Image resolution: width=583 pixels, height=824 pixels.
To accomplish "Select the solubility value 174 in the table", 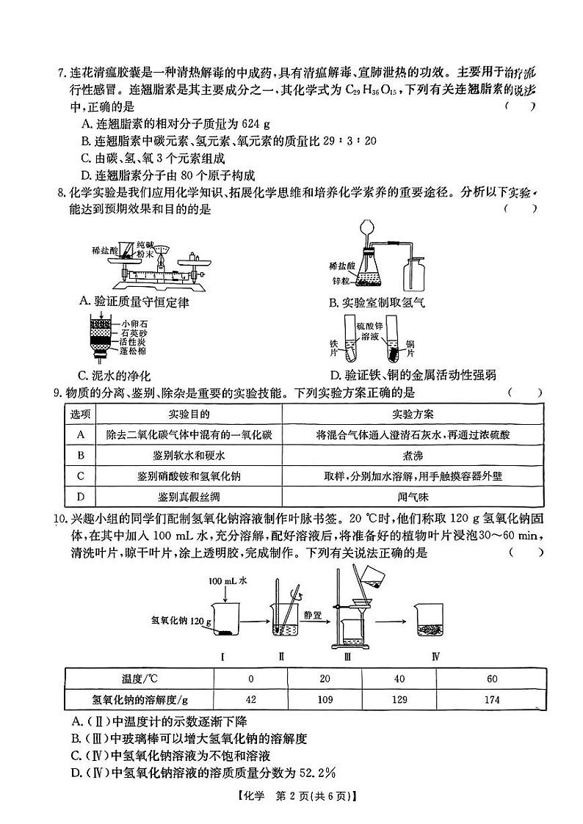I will [x=492, y=699].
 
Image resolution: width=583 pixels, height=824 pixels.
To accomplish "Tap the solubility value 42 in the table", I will [x=250, y=699].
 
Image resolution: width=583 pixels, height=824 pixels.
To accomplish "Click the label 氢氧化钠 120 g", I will [x=181, y=621].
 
